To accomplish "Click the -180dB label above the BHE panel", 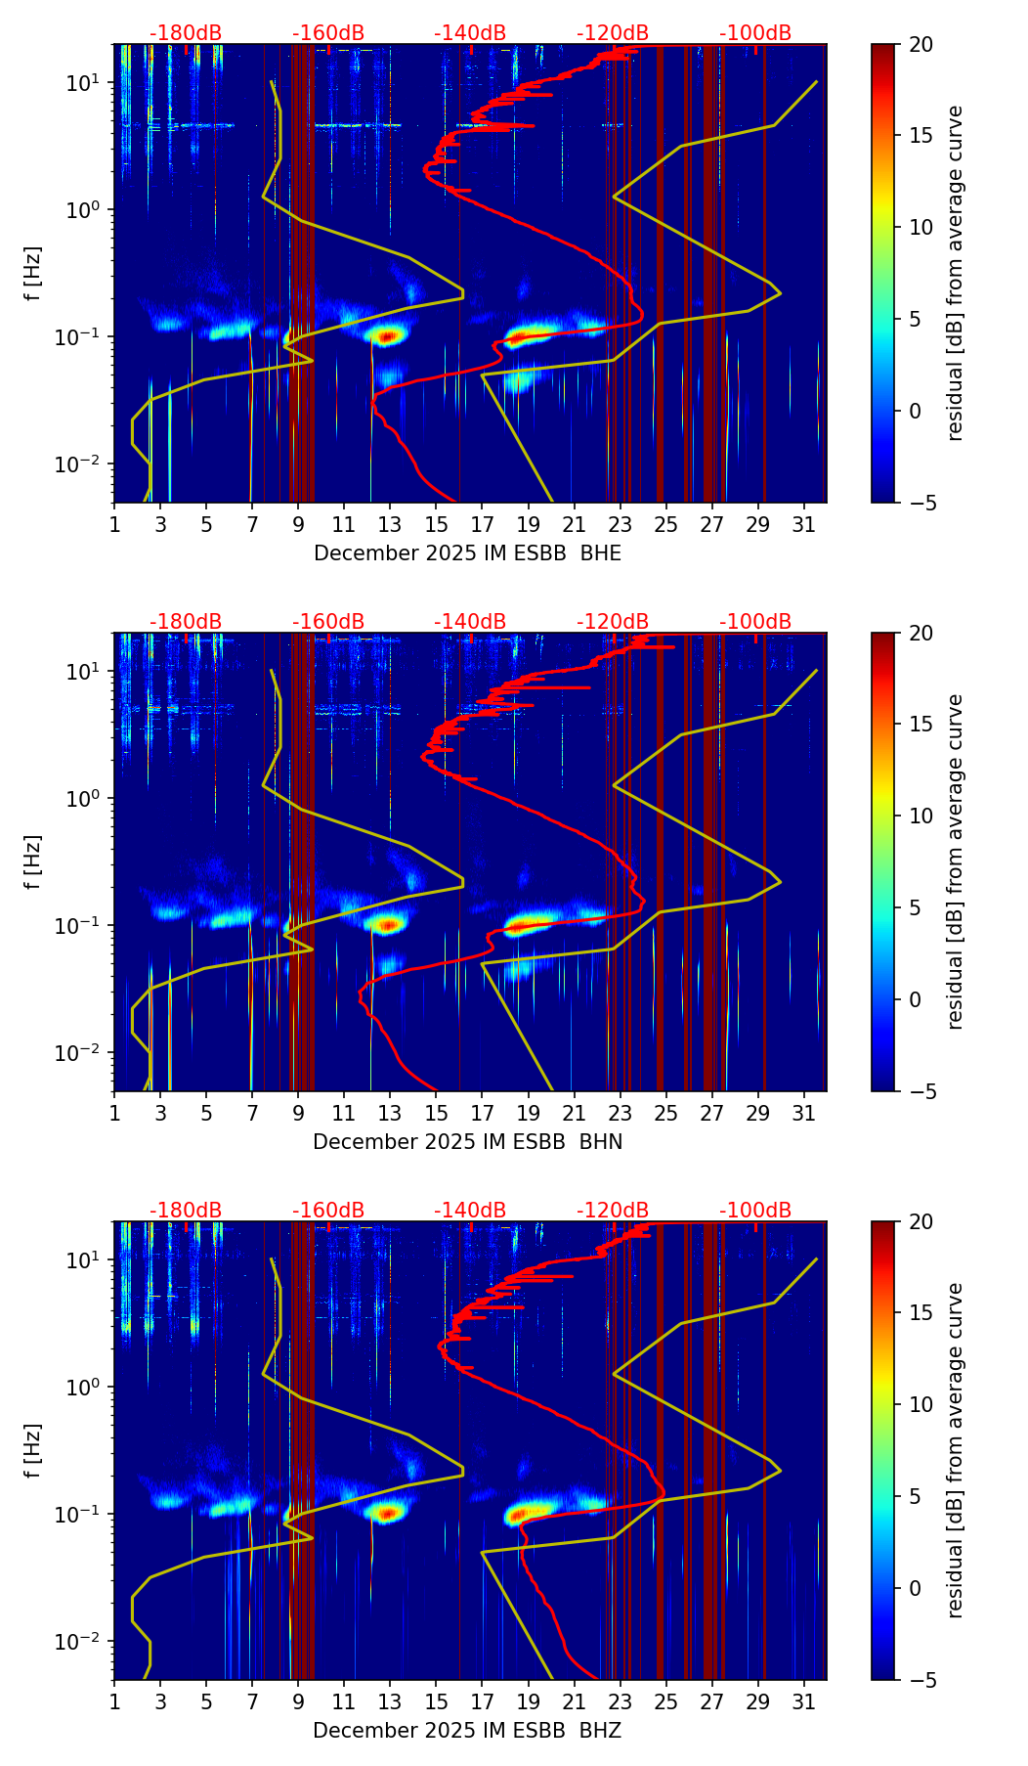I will (x=186, y=34).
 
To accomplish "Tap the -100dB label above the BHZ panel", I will (x=755, y=1212).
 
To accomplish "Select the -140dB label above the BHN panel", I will (x=470, y=623).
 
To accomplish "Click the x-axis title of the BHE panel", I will (x=467, y=553).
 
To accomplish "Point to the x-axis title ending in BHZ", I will (x=467, y=1731).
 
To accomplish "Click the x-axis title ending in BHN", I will (x=467, y=1142).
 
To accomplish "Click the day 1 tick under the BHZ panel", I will (x=114, y=1702).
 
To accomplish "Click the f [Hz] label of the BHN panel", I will (x=34, y=861).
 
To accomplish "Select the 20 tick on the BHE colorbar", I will (x=921, y=45).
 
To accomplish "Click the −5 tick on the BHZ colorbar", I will (x=921, y=1680).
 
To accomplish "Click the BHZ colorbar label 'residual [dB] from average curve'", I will (x=955, y=1450).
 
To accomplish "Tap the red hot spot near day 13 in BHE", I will (x=387, y=336).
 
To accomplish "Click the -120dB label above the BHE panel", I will (x=613, y=34).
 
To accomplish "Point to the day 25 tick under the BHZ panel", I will (x=666, y=1702).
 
